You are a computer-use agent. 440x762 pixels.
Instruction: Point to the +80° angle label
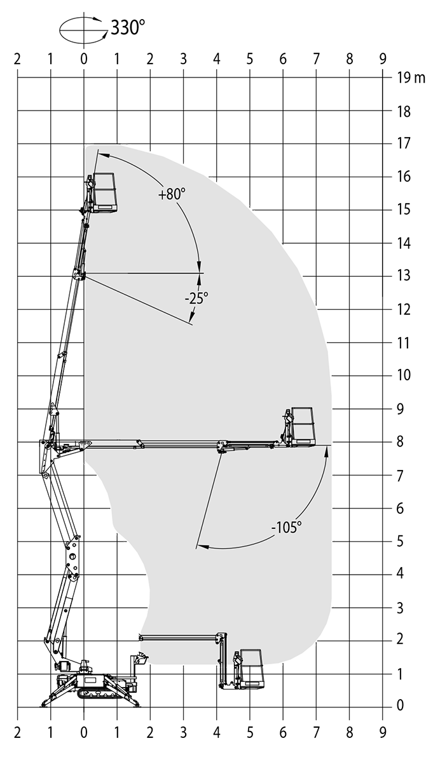(x=172, y=194)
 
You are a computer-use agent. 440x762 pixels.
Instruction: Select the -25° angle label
(x=196, y=298)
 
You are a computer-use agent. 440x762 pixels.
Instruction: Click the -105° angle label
(x=286, y=528)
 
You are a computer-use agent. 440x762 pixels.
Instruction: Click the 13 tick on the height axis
(x=404, y=276)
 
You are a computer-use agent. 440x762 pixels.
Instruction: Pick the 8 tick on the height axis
(x=400, y=442)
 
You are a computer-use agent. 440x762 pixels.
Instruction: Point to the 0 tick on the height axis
(x=400, y=705)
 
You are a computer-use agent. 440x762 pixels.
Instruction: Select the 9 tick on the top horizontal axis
(x=383, y=59)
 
